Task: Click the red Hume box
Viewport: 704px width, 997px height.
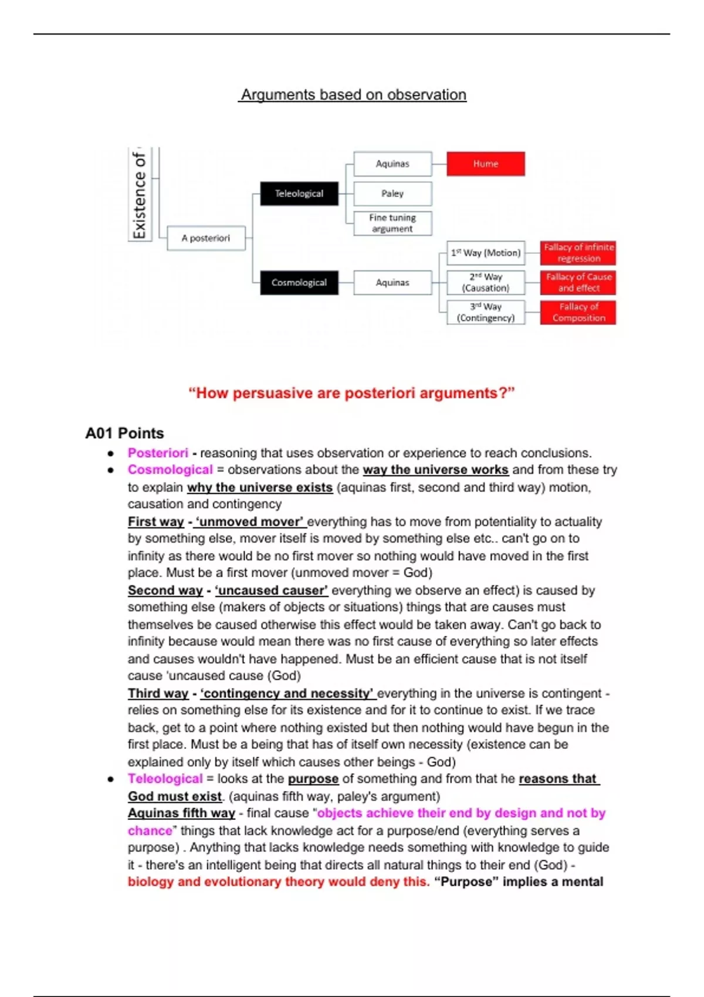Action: click(485, 164)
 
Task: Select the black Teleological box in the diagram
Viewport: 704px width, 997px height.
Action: click(299, 194)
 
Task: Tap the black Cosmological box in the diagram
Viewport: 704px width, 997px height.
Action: click(299, 283)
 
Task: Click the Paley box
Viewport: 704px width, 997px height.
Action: click(392, 194)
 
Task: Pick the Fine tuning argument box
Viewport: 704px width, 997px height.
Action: click(392, 223)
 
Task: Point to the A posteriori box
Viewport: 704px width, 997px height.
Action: click(206, 238)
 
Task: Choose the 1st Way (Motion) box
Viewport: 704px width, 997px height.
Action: click(486, 253)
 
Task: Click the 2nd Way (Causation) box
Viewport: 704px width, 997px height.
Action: click(486, 283)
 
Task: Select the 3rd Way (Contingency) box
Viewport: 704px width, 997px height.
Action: click(486, 313)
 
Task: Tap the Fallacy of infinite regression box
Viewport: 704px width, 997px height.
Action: click(578, 253)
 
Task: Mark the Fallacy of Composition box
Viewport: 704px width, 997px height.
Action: click(578, 313)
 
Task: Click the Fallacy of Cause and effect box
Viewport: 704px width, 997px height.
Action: click(578, 283)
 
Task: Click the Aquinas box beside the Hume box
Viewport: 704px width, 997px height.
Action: click(392, 164)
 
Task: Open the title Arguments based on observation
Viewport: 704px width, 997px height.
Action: click(353, 95)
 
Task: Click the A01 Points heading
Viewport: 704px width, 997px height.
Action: click(124, 433)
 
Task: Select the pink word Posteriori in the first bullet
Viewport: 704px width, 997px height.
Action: click(158, 453)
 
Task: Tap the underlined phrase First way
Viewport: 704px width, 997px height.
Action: click(156, 522)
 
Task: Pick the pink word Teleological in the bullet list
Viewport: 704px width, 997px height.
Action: click(165, 779)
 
